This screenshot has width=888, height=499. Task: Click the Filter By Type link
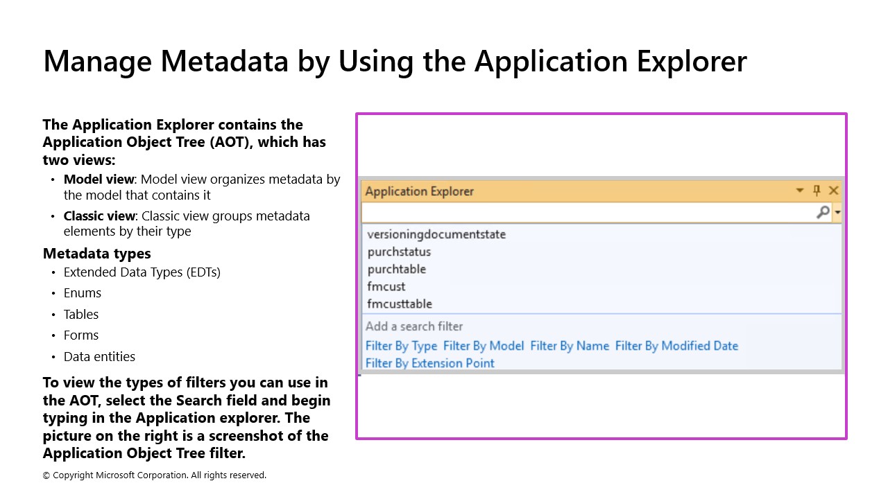401,346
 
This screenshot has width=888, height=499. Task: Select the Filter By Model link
483,346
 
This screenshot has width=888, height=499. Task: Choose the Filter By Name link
569,346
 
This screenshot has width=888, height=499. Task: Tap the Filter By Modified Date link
676,346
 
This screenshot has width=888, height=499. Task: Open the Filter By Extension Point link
429,363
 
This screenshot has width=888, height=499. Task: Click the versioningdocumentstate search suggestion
436,234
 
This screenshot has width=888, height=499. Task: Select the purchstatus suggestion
399,252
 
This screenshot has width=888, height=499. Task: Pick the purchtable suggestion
396,269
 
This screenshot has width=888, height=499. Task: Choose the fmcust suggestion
386,286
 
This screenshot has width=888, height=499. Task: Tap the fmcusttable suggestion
400,304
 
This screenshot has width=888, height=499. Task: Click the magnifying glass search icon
822,212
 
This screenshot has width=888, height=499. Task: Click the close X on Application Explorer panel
834,191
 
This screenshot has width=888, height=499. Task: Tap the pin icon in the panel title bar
817,191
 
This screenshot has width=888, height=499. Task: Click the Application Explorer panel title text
419,191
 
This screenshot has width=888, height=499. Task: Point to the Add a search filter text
414,326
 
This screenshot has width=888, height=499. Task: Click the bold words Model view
99,180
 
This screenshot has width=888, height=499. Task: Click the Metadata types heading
96,253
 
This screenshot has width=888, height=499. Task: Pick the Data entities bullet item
99,356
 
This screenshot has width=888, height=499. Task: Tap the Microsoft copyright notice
155,475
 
